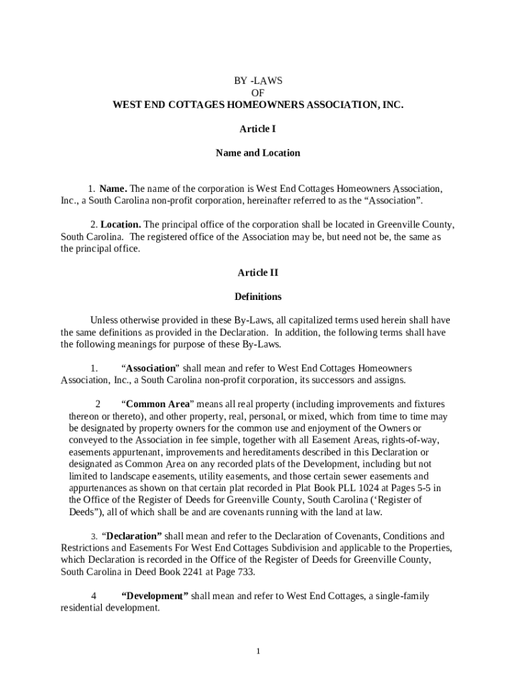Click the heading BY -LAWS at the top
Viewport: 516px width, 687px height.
[258, 81]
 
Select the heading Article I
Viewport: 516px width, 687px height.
[258, 129]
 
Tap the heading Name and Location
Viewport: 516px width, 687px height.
[258, 153]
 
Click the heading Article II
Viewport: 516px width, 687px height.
[258, 272]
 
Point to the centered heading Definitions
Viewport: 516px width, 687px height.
[258, 297]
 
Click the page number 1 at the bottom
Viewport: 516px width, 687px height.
[258, 651]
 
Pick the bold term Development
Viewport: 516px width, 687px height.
[155, 596]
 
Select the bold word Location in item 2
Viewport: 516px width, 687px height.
[121, 225]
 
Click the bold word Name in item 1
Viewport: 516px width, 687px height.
[113, 189]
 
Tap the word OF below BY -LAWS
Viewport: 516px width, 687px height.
[258, 93]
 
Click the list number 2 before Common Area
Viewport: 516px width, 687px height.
[98, 404]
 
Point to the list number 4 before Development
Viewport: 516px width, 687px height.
[94, 596]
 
